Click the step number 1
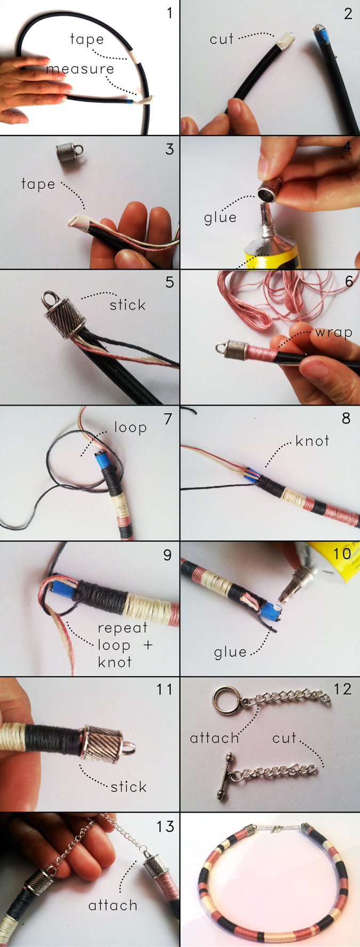170,12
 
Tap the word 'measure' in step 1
80,69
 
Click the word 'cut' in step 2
222,39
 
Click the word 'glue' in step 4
220,218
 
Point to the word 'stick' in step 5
127,305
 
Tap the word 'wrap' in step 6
334,333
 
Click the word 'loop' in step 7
131,428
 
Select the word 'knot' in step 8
313,441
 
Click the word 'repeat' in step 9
122,628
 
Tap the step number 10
342,553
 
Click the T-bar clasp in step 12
226,775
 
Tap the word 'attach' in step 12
214,738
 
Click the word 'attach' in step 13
113,905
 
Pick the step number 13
165,826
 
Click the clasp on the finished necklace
272,830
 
